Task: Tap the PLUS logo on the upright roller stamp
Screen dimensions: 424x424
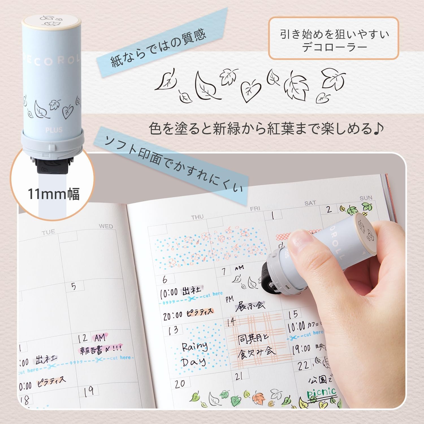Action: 54,130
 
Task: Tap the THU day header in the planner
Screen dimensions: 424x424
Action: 197,217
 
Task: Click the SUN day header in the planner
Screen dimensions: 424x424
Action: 366,198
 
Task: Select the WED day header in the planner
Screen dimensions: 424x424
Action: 106,226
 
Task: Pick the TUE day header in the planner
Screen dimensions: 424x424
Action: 48,233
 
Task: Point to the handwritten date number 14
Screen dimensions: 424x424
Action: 232,322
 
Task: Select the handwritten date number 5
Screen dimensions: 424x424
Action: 73,286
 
